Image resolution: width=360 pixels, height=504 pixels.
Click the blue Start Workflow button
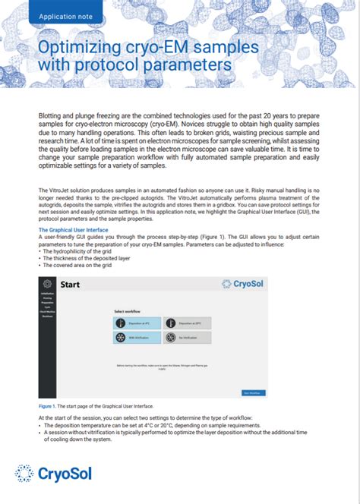click(x=254, y=392)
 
